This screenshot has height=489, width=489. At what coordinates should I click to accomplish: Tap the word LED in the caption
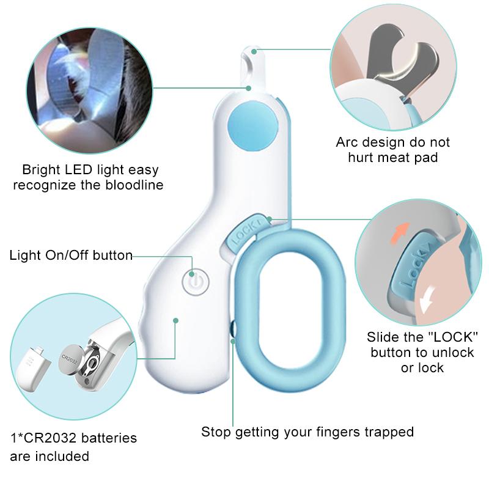point(83,170)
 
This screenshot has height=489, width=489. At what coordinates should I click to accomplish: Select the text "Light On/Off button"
point(71,255)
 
